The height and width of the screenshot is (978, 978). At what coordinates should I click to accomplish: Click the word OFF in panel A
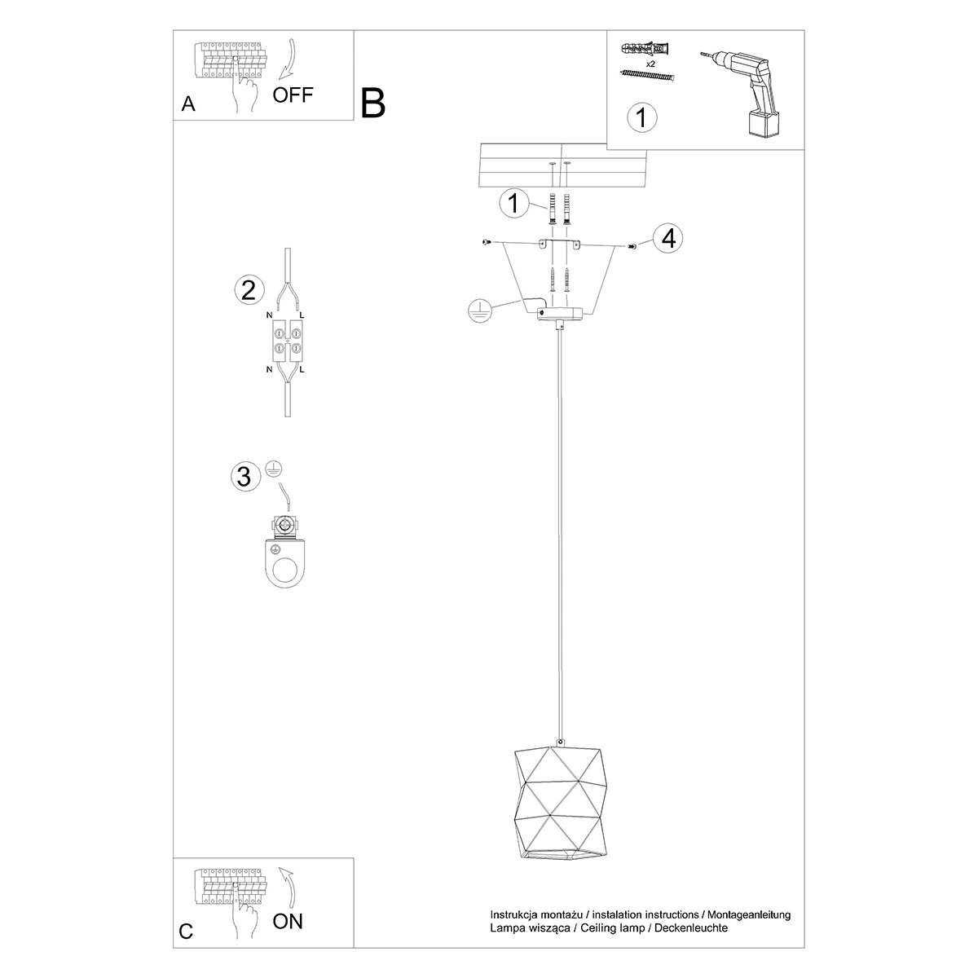point(293,95)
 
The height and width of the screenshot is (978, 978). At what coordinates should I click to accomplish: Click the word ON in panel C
point(287,921)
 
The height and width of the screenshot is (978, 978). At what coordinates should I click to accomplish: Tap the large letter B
point(373,104)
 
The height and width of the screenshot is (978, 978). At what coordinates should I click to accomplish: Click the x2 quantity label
point(650,64)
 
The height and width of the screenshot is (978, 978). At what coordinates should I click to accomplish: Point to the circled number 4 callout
point(668,238)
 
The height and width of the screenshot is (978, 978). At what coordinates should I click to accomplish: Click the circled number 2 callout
point(249,290)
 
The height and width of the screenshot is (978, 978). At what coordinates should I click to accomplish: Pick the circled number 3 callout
point(245,477)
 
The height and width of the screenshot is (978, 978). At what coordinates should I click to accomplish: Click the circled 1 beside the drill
point(642,117)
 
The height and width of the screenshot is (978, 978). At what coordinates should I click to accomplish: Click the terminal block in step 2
point(288,341)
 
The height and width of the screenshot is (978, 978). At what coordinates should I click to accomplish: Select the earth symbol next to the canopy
point(479,310)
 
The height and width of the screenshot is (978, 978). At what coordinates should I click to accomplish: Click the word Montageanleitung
point(749,915)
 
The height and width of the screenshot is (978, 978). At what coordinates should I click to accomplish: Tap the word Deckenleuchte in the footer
point(691,928)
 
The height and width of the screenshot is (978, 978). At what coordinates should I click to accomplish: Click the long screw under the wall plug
point(647,76)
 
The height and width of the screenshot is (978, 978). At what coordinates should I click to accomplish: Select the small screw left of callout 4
point(632,246)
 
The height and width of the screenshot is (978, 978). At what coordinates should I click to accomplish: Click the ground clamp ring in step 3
point(285,563)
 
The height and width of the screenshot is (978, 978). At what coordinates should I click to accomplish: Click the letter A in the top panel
point(188,104)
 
